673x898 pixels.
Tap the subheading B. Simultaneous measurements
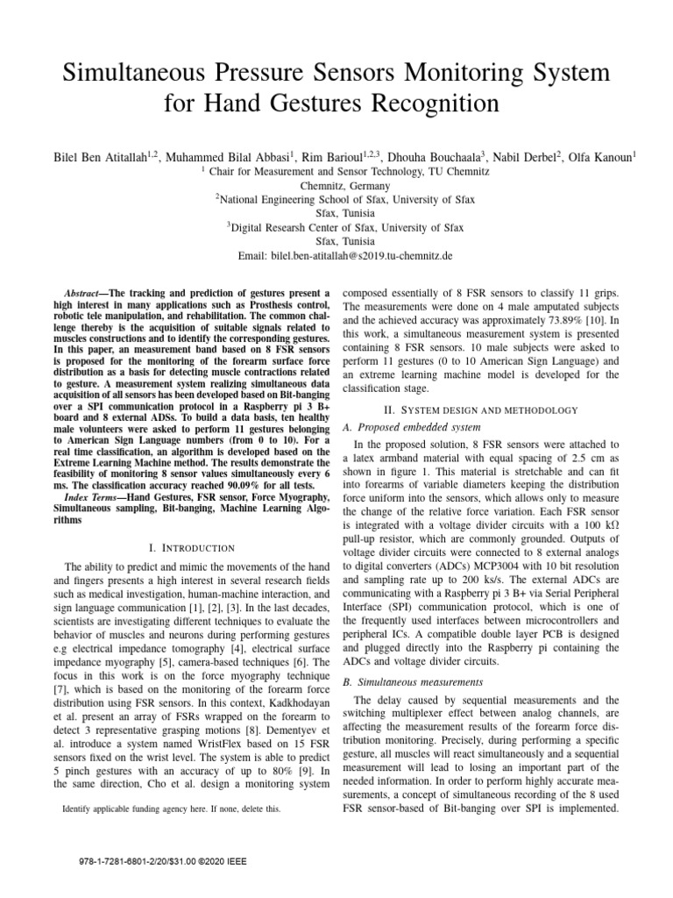point(404,681)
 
